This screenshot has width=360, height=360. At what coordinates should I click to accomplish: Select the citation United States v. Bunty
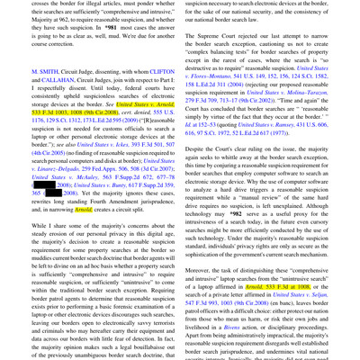pos(112,184)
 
